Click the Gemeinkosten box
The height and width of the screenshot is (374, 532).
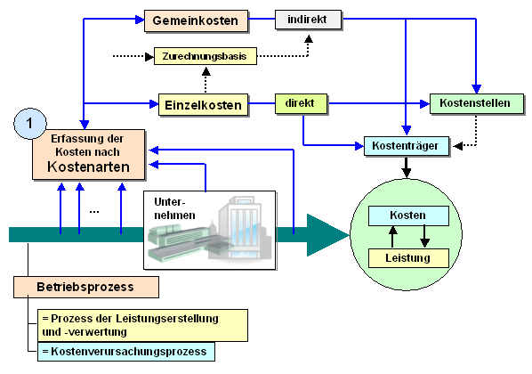click(x=196, y=20)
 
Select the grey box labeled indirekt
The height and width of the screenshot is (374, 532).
click(x=308, y=20)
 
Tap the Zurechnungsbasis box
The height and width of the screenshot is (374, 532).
click(x=206, y=56)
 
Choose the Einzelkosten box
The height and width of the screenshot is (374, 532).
click(x=203, y=105)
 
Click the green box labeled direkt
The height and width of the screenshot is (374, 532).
click(x=301, y=103)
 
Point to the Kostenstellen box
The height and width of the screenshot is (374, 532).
click(x=477, y=103)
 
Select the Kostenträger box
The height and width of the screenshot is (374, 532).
click(x=407, y=146)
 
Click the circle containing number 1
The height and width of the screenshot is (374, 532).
click(x=30, y=124)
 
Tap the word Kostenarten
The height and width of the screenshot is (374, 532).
click(x=88, y=167)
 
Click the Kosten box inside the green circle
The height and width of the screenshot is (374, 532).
click(x=408, y=215)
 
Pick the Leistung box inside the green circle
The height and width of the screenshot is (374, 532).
click(x=408, y=258)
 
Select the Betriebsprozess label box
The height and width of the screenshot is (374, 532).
click(x=86, y=287)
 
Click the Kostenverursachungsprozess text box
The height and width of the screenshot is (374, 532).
click(x=125, y=352)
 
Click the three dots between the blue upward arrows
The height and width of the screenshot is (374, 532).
click(x=94, y=212)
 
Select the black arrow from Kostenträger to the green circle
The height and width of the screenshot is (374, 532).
click(x=407, y=167)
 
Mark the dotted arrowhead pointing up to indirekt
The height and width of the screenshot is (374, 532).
click(x=309, y=38)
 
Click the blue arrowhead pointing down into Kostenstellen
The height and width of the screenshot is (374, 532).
click(x=476, y=89)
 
